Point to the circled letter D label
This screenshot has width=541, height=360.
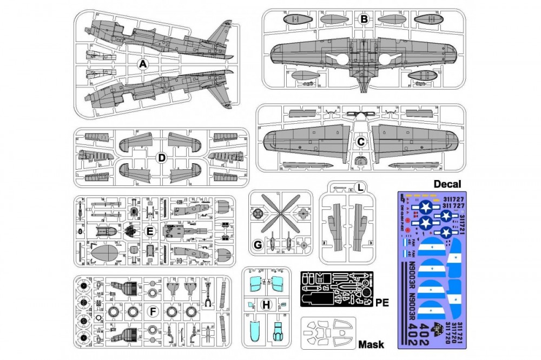161,158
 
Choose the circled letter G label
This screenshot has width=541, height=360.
258,244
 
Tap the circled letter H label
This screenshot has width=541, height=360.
266,305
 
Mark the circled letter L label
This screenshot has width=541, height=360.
359,188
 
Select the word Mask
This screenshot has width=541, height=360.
371,344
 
